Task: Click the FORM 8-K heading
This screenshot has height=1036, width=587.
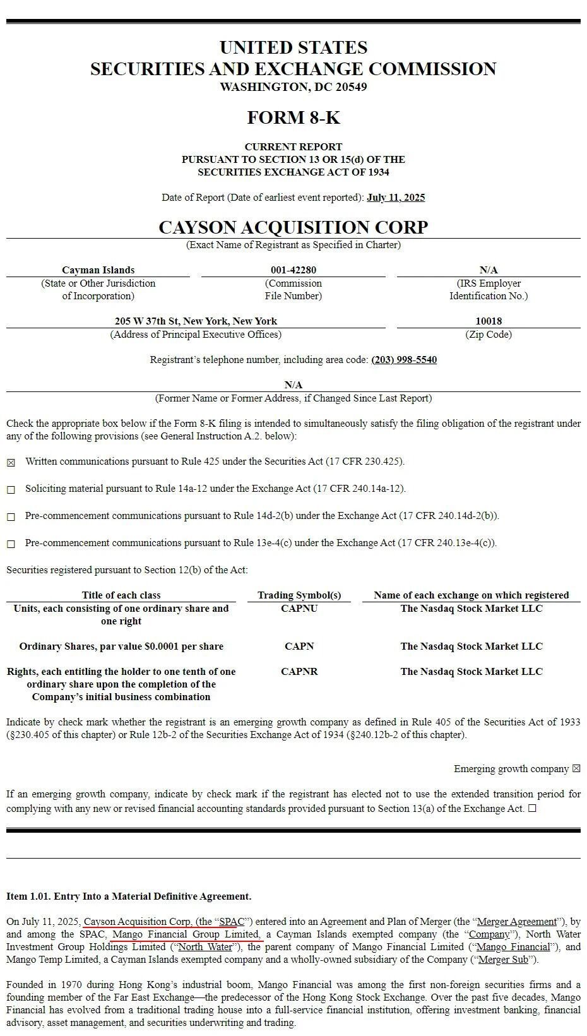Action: point(293,118)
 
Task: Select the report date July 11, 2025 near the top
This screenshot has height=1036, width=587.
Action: point(396,198)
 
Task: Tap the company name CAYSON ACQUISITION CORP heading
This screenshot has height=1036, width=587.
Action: point(293,227)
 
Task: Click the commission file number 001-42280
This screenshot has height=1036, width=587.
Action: point(293,270)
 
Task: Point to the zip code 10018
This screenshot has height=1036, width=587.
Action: point(489,321)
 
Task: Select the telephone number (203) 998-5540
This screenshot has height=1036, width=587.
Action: point(404,360)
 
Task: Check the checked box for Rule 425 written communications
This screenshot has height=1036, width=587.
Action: point(11,463)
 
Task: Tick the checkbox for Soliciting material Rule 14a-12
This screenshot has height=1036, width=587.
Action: point(11,490)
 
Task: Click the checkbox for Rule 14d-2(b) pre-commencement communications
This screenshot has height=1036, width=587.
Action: point(11,517)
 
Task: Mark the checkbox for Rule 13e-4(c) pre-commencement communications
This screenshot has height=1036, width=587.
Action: point(11,544)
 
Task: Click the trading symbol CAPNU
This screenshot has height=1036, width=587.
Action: point(299,609)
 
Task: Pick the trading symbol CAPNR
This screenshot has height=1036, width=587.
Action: point(299,672)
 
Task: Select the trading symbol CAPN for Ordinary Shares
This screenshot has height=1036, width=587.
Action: point(299,646)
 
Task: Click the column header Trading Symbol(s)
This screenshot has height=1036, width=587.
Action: point(299,595)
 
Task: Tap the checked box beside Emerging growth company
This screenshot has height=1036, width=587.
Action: point(576,769)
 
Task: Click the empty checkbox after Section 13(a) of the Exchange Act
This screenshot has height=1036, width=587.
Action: point(532,809)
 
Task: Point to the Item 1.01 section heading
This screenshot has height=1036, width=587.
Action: point(129,896)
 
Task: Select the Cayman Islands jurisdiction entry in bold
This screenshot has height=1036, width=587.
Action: point(98,270)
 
